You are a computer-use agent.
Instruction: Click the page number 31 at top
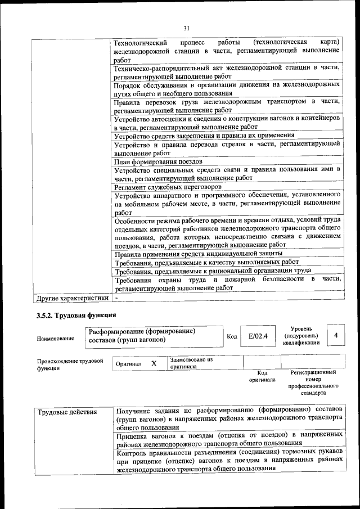[187, 29]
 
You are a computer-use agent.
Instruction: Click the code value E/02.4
[258, 336]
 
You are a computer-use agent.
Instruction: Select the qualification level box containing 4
[336, 335]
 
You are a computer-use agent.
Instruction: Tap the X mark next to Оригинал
[154, 364]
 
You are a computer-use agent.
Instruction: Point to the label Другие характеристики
[72, 297]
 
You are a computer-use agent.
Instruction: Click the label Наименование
[56, 339]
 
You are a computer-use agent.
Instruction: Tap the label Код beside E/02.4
[231, 336]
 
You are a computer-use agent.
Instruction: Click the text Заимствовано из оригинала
[191, 363]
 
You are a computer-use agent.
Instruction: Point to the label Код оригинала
[262, 376]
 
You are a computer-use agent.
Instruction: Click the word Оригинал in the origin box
[128, 364]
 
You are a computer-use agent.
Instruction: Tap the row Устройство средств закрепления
[204, 136]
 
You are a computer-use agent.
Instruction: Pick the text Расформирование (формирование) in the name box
[142, 331]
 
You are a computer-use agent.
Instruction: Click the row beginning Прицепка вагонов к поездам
[227, 439]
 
